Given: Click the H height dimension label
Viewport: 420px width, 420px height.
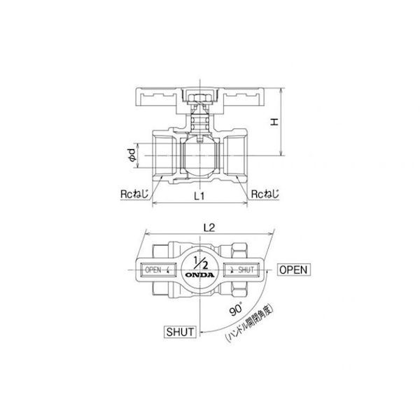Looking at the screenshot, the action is (274, 122).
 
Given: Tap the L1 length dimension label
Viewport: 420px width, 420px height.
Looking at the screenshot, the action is (199, 196).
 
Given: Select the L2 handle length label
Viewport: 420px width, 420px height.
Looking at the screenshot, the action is (209, 228).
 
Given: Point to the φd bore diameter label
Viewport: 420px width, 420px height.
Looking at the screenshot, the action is (132, 155).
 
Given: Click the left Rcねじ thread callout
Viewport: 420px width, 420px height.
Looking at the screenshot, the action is (134, 194).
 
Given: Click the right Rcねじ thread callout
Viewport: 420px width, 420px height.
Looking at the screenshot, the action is (265, 194).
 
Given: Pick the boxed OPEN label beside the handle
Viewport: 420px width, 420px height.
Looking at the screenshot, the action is (294, 269).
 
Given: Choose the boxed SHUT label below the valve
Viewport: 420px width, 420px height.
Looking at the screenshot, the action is (180, 332).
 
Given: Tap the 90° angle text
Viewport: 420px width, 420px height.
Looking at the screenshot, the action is (236, 309).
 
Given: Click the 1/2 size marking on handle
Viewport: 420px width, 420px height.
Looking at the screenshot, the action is (200, 262).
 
